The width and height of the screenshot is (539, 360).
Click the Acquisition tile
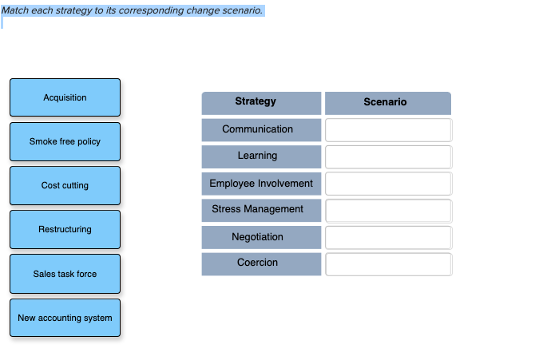[65, 97]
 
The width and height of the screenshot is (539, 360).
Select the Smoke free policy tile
[65, 141]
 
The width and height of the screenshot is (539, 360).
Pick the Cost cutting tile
[65, 185]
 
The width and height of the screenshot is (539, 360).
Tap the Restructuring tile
[65, 229]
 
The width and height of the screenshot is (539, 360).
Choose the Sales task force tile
[65, 274]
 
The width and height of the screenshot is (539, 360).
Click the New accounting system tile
[65, 318]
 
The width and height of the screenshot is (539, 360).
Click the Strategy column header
[261, 102]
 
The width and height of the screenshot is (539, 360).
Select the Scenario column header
[387, 102]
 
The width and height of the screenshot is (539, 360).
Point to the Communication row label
[261, 129]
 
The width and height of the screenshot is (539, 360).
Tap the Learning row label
[261, 156]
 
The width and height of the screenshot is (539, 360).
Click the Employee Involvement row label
[261, 184]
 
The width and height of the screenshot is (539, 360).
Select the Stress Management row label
[261, 210]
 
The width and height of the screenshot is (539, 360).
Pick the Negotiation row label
[261, 237]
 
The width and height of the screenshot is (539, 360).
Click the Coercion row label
[261, 263]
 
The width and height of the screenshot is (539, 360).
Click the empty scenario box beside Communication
[388, 129]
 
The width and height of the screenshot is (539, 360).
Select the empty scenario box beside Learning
[388, 156]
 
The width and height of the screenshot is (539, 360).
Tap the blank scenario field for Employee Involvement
[388, 184]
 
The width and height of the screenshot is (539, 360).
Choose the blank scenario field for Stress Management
[388, 211]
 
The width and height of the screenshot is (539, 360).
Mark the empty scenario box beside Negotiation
[388, 237]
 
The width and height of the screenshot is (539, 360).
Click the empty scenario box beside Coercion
[388, 264]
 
